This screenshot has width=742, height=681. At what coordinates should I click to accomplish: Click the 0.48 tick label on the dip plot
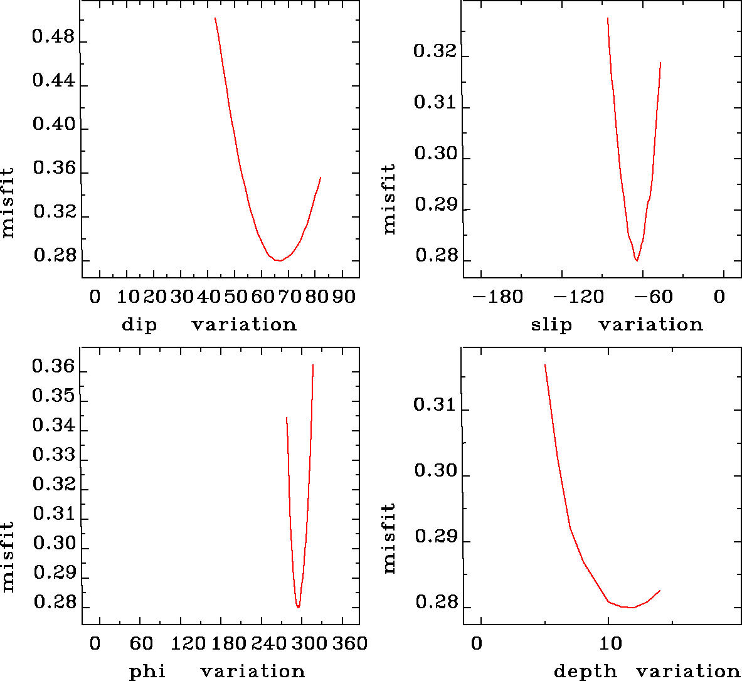(x=53, y=38)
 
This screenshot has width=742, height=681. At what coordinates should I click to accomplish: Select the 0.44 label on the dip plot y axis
(x=53, y=82)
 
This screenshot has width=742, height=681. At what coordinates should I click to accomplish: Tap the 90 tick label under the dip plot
(x=344, y=297)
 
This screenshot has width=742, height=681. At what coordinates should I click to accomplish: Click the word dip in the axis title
(x=139, y=325)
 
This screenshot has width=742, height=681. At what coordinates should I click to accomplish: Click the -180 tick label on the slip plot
(x=497, y=297)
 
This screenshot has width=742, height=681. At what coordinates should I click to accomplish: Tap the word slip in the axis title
(x=551, y=325)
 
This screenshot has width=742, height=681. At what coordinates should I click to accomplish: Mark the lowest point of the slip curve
(x=637, y=260)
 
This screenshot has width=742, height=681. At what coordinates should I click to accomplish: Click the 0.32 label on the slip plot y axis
(x=435, y=51)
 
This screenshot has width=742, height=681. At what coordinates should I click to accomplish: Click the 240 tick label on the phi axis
(x=265, y=644)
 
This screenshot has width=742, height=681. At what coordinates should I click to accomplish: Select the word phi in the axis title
(x=147, y=672)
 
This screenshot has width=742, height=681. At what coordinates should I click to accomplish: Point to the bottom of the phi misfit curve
(x=299, y=608)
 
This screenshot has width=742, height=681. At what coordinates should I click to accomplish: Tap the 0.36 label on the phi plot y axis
(x=53, y=367)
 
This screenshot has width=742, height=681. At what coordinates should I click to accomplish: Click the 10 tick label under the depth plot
(x=611, y=644)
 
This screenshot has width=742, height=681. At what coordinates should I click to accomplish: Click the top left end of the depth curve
(x=545, y=364)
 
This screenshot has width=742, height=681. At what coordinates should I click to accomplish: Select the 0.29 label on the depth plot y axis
(x=435, y=537)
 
